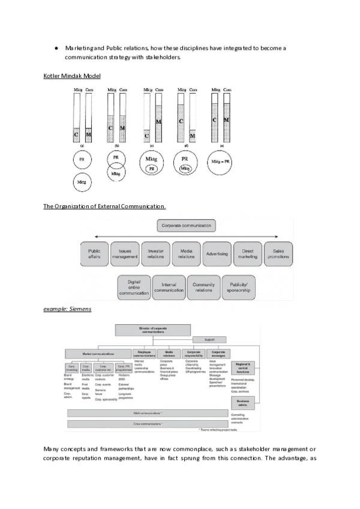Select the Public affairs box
point(94,254)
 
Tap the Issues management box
point(125,254)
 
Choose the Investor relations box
point(155,254)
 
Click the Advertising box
point(217,254)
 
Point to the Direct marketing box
point(247,254)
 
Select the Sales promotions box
point(278,254)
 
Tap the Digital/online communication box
point(134,286)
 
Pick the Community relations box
point(203,286)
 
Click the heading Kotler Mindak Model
point(72,76)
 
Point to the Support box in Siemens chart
point(209,340)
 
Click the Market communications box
point(99,354)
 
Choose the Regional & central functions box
point(243,367)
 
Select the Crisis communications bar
point(146,407)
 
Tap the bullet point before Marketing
point(55,47)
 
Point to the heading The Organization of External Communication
point(104,206)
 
